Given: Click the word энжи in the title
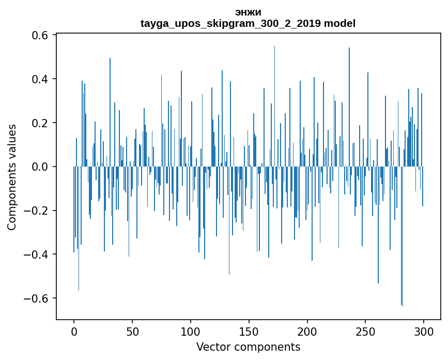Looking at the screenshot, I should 248,12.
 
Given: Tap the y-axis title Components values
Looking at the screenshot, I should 12,177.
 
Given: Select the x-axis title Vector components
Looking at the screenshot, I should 248,347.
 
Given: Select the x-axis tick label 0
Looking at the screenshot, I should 74,332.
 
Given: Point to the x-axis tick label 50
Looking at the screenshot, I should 132,332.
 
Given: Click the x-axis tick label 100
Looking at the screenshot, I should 191,332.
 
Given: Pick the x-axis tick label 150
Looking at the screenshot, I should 249,332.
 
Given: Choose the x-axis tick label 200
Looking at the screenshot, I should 307,332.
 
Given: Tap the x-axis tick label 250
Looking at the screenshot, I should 365,332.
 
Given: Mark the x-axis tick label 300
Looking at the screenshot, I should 424,332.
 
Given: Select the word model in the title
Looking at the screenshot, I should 339,23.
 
